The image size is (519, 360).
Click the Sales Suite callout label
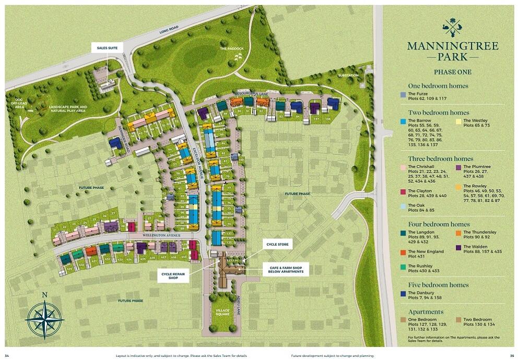[x=107, y=48]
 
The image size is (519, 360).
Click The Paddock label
[x=232, y=49]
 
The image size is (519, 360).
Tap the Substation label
[x=348, y=76]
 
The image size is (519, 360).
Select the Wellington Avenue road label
[x=162, y=235]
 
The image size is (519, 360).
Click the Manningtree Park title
[x=453, y=50]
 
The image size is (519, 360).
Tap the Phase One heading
[x=453, y=72]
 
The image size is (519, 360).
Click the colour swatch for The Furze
[x=403, y=95]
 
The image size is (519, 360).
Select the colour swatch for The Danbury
[x=403, y=294]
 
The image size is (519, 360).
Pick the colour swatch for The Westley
[x=458, y=121]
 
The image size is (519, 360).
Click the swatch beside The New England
[x=403, y=252]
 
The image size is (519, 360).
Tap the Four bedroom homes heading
[x=439, y=224]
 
